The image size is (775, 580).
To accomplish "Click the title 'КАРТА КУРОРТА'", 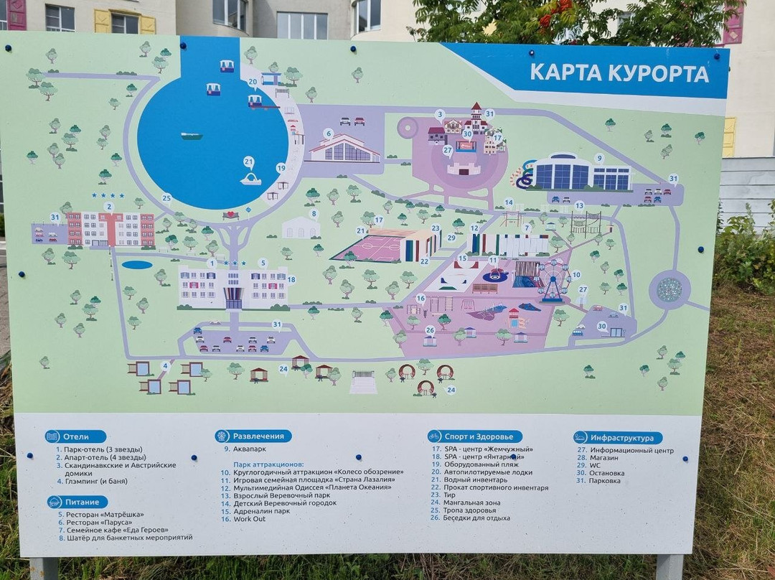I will (x=619, y=73).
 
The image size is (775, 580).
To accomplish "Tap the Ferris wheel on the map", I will (x=553, y=279).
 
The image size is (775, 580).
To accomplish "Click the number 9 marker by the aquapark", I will (x=599, y=158).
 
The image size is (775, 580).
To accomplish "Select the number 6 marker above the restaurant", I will (x=328, y=134).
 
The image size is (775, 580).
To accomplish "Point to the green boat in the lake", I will (x=191, y=135).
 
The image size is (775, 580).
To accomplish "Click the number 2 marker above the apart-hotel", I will (x=108, y=207).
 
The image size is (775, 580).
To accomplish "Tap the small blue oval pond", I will (x=136, y=265).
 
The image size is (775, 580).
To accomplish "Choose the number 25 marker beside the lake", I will (x=166, y=198).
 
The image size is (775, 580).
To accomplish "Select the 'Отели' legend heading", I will (x=75, y=436).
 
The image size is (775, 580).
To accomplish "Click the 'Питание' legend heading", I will (x=77, y=502).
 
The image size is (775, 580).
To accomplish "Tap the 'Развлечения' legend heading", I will (x=253, y=436).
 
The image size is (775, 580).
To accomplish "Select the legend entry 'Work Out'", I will (x=249, y=519).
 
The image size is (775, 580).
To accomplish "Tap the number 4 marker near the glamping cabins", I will (x=166, y=365).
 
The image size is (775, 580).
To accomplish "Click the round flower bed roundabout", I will (x=670, y=289).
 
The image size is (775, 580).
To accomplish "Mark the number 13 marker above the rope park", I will (x=579, y=205).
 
